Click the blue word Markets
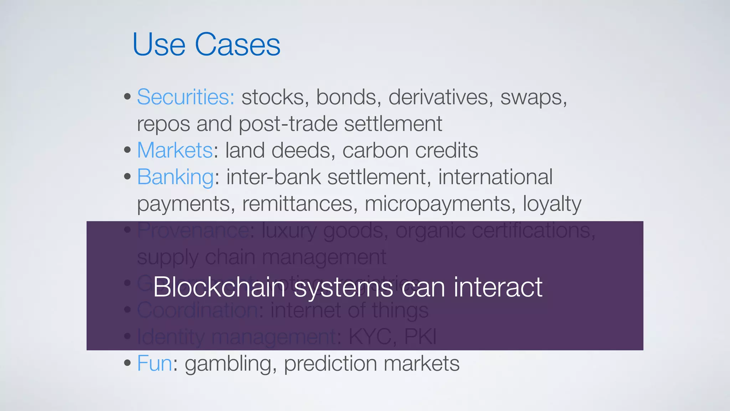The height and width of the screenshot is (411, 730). pos(175,150)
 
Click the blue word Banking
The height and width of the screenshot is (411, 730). pos(175,177)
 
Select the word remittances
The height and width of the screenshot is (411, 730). pos(299,204)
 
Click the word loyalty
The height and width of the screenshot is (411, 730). pos(552,204)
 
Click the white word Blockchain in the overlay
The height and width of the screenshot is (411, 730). pos(219,287)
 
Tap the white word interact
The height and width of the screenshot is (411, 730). pos(498,287)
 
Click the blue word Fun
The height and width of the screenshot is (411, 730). pos(154,364)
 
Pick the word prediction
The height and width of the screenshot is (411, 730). pos(330,364)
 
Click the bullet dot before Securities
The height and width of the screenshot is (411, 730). pos(127,97)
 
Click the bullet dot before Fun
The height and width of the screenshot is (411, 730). pos(127,363)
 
